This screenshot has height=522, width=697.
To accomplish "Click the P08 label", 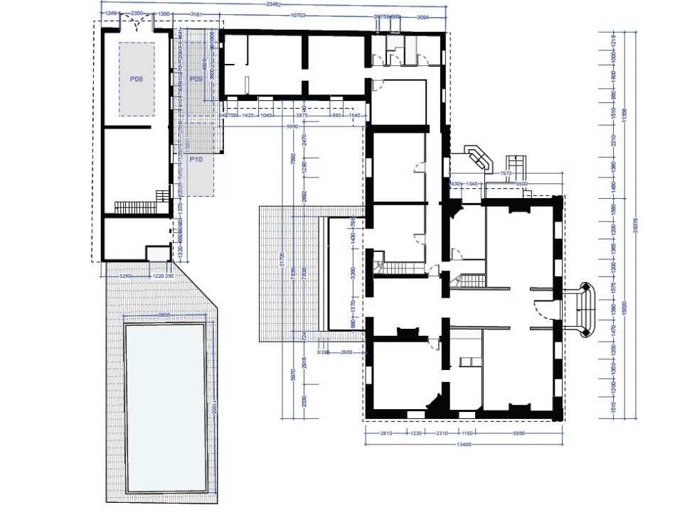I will pos(137,80).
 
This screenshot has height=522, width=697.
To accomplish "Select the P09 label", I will pos(197,80).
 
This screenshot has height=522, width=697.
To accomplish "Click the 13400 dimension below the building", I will pos(464,445).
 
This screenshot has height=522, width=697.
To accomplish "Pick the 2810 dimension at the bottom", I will pos(385,432).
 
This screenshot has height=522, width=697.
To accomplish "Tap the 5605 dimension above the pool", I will pos(164,315).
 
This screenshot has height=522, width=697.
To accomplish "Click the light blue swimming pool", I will pos(165,408).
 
